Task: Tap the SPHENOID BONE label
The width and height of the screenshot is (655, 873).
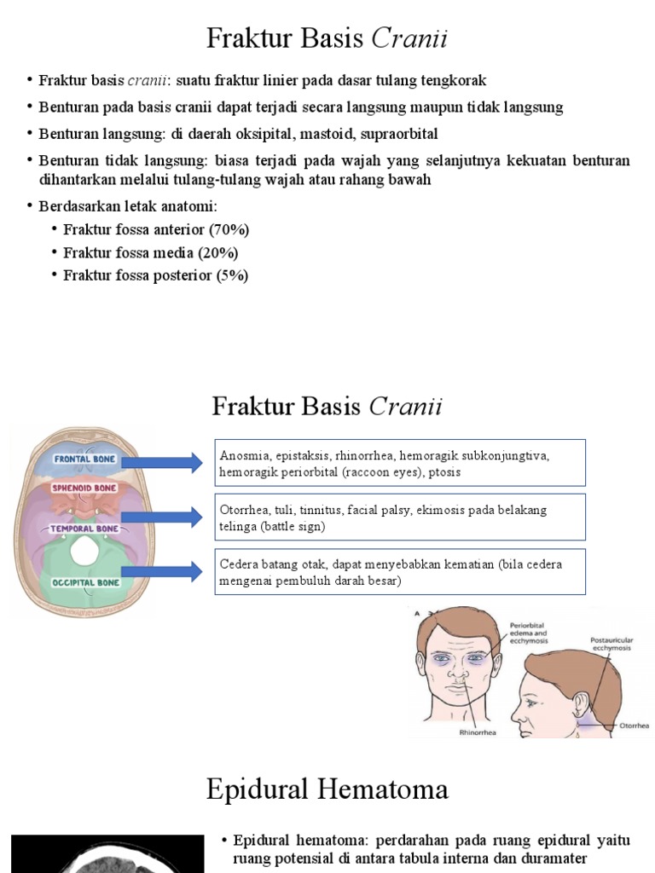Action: tap(84, 488)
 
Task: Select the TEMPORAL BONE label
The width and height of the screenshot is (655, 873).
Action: tap(84, 528)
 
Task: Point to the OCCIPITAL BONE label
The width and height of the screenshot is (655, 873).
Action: tap(84, 582)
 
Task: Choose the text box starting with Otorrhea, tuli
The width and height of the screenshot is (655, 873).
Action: tap(399, 517)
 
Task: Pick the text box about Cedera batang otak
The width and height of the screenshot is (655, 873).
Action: tap(399, 572)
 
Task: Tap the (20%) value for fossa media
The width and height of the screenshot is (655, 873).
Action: tap(217, 253)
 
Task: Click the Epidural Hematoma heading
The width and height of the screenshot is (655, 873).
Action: tap(327, 789)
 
